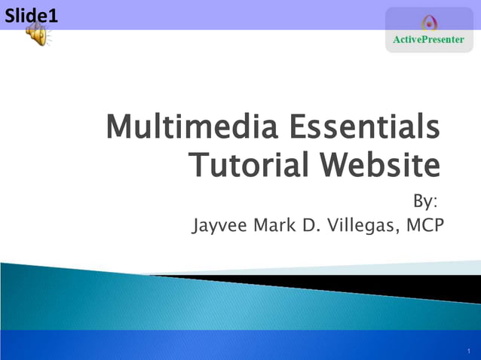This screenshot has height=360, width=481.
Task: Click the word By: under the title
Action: pyautogui.click(x=425, y=202)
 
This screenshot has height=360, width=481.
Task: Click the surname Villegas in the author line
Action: pyautogui.click(x=366, y=224)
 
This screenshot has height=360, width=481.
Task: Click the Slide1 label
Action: pyautogui.click(x=31, y=14)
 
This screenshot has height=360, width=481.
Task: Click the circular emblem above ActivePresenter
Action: pyautogui.click(x=429, y=23)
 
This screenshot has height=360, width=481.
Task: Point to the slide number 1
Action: pyautogui.click(x=468, y=350)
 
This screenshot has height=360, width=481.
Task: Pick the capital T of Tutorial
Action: pyautogui.click(x=198, y=164)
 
